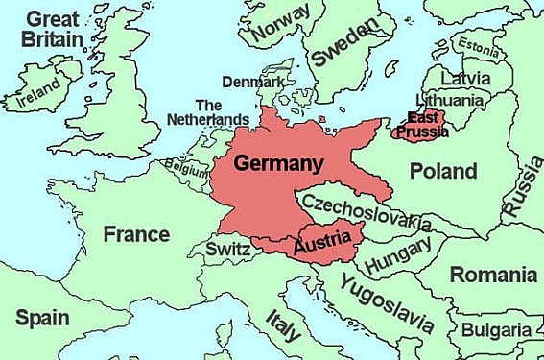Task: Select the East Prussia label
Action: (421, 123)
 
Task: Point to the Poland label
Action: (442, 172)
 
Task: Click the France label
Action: (136, 234)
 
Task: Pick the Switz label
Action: (228, 250)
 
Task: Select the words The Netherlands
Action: (222, 112)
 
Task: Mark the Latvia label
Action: (464, 77)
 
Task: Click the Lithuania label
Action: (448, 99)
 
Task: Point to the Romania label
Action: (494, 276)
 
